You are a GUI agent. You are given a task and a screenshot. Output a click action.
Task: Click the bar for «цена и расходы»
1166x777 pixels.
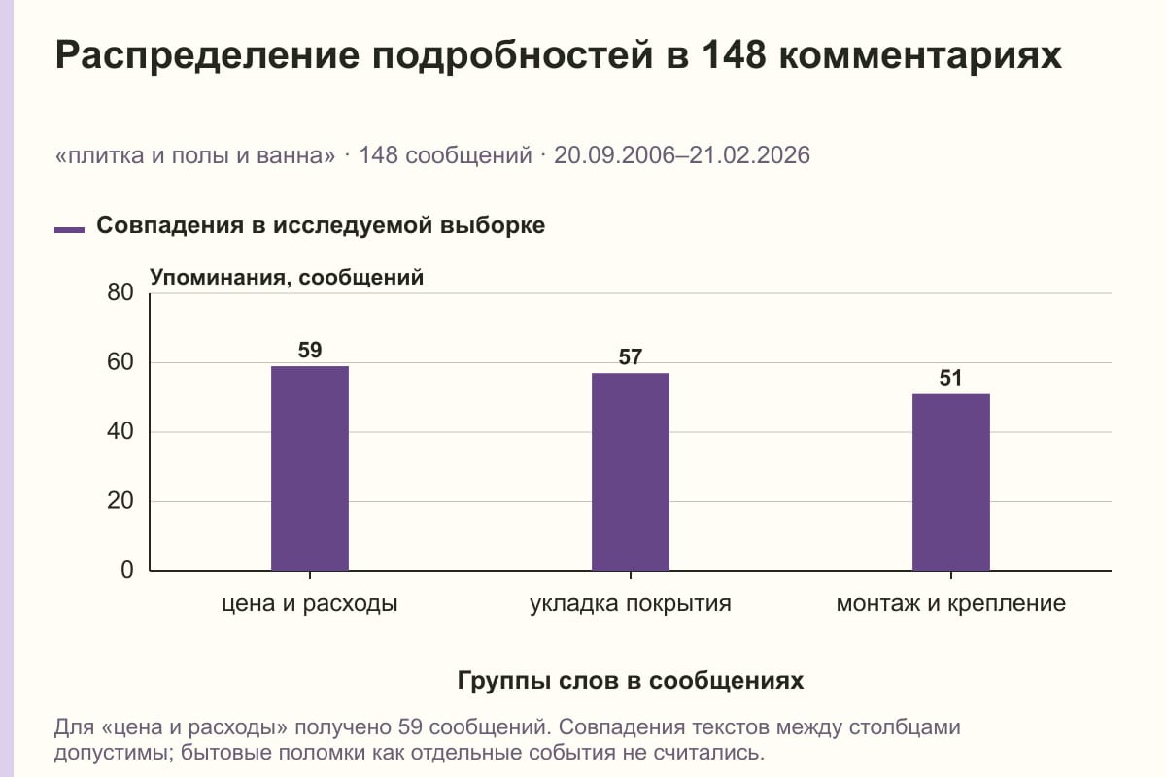pyautogui.click(x=310, y=468)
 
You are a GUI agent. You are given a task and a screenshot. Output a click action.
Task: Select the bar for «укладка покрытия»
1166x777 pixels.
pyautogui.click(x=631, y=472)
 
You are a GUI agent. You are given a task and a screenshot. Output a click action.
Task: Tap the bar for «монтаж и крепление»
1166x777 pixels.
pyautogui.click(x=951, y=483)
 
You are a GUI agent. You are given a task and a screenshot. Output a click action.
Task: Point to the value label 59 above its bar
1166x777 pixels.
pyautogui.click(x=310, y=351)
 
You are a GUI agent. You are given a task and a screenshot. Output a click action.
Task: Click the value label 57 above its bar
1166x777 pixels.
pyautogui.click(x=631, y=357)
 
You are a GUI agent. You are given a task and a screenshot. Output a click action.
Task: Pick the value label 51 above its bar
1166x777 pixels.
pyautogui.click(x=951, y=378)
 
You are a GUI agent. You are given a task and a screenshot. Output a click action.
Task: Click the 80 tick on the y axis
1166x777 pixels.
pyautogui.click(x=120, y=292)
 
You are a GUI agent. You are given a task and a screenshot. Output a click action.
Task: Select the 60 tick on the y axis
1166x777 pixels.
pyautogui.click(x=120, y=362)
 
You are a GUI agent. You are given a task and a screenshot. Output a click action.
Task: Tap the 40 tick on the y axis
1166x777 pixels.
pyautogui.click(x=120, y=431)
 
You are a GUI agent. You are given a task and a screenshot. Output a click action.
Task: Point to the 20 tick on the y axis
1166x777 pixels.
pyautogui.click(x=120, y=501)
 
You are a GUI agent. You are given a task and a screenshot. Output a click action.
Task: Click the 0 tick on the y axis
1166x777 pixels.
pyautogui.click(x=127, y=570)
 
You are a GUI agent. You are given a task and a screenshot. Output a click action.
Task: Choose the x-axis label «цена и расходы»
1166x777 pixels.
pyautogui.click(x=310, y=604)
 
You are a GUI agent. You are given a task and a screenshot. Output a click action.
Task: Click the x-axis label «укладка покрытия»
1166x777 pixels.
pyautogui.click(x=631, y=604)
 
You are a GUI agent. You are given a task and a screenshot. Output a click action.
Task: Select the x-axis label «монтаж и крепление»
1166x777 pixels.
pyautogui.click(x=951, y=604)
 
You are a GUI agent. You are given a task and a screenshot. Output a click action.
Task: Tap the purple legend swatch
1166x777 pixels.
pyautogui.click(x=69, y=230)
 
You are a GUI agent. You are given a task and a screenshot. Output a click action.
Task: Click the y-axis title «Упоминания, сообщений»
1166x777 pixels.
pyautogui.click(x=287, y=278)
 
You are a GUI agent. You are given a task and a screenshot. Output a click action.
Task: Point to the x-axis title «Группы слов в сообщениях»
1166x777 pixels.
pyautogui.click(x=631, y=680)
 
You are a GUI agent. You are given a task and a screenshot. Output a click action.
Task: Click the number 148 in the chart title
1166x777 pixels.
pyautogui.click(x=734, y=54)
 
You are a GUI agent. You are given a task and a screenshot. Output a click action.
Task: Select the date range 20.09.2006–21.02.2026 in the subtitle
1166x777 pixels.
pyautogui.click(x=682, y=155)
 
